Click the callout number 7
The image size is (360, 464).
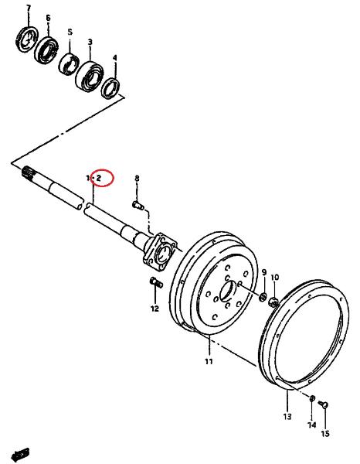(x=29, y=9)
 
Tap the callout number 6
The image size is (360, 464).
(x=48, y=18)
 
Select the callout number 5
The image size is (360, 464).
(x=70, y=32)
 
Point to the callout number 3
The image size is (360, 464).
(x=90, y=42)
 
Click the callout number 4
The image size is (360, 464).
(x=115, y=58)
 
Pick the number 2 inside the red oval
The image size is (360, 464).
(x=99, y=178)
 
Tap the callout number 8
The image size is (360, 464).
(x=137, y=178)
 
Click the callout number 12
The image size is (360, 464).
(x=155, y=309)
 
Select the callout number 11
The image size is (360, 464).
(x=209, y=361)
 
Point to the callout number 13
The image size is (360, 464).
(x=287, y=416)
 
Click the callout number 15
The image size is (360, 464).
(x=325, y=434)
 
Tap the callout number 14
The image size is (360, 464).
(x=312, y=425)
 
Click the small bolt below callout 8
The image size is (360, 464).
(x=138, y=205)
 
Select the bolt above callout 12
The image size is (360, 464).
(x=156, y=282)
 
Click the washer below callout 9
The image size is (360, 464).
(x=263, y=297)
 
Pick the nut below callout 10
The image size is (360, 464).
(x=273, y=302)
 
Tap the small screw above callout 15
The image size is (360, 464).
(x=324, y=404)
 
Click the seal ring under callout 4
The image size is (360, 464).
(x=110, y=88)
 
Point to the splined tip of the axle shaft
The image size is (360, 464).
(x=27, y=172)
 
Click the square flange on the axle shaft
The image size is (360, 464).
(x=160, y=251)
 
